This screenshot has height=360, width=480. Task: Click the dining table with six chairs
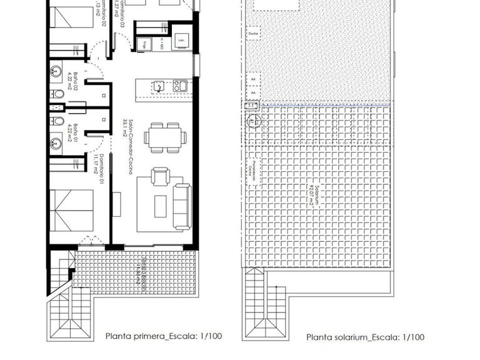[165, 137]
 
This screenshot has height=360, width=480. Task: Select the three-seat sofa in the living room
[182, 202]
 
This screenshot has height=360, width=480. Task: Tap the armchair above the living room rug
[159, 177]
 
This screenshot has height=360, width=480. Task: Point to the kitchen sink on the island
[159, 86]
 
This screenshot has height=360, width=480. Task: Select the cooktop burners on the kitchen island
[180, 86]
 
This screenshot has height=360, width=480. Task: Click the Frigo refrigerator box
[144, 45]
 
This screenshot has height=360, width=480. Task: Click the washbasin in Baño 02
[56, 71]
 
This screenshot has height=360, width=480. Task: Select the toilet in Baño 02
[57, 94]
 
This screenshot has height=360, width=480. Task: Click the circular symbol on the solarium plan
[254, 121]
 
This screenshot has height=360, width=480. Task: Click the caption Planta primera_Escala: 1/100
[164, 336]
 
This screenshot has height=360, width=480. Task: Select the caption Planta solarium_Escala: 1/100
[365, 337]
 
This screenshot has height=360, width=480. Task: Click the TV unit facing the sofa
[116, 204]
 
